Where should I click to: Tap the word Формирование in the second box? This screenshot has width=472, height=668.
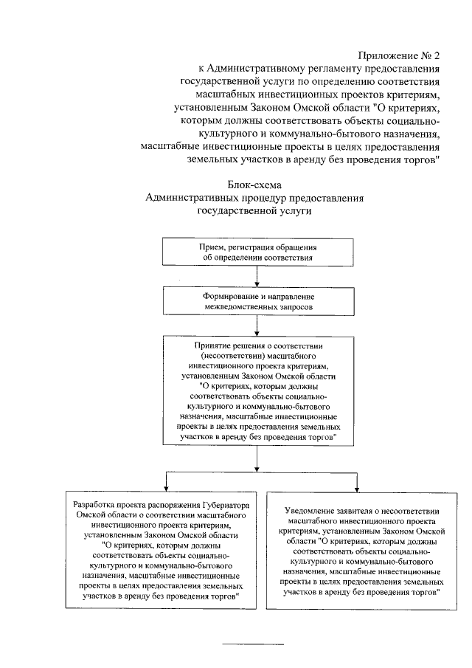(233, 294)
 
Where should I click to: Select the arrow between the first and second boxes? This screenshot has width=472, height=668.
(256, 276)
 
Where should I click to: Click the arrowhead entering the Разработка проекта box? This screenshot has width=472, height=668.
(164, 486)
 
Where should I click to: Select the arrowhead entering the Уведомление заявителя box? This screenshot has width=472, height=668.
(357, 486)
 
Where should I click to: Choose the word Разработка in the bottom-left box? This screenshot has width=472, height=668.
(90, 504)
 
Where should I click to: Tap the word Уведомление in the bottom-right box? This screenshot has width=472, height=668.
(313, 510)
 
